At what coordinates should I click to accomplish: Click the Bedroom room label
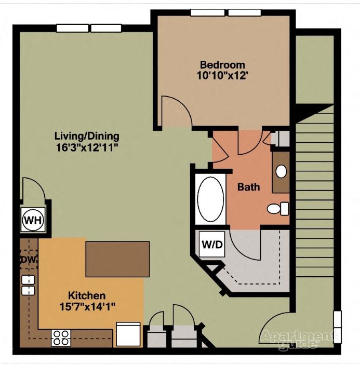coord(222,65)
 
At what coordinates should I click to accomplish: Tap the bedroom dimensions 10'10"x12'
coord(222,75)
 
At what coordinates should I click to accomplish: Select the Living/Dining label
coord(87,137)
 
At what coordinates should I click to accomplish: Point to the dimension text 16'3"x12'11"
coord(87,147)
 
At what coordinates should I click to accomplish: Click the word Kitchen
coord(87,295)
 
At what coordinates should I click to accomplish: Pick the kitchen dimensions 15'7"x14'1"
coord(87,306)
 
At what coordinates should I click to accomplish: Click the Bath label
coord(248,187)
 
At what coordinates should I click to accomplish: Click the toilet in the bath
coord(277,209)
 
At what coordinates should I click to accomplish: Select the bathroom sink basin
coord(281,171)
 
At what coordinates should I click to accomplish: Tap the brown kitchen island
coord(118,259)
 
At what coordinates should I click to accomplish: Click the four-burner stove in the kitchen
coord(61,338)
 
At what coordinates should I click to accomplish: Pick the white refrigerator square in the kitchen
coord(128,334)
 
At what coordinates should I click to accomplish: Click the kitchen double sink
coord(27,285)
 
